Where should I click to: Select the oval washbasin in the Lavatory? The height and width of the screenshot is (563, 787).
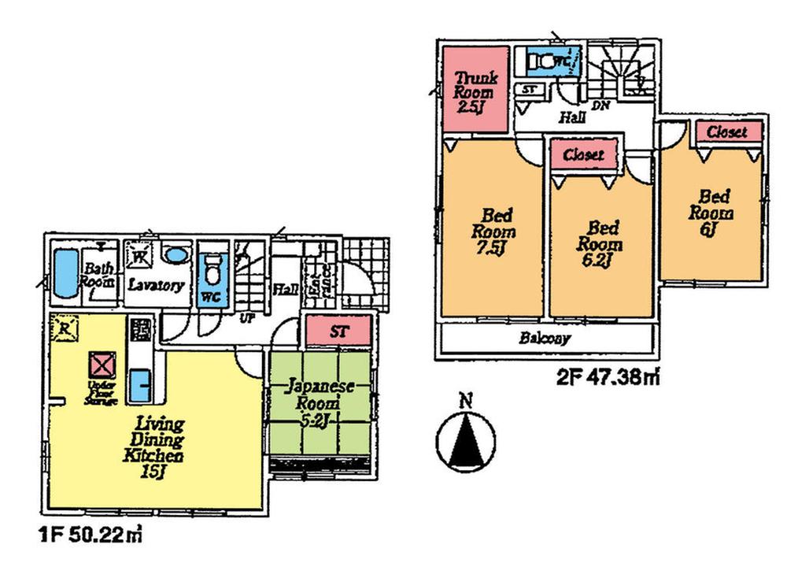[x=177, y=257]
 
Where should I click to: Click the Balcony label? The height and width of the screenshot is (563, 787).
[x=545, y=340]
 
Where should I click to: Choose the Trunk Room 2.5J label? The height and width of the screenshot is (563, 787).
[x=473, y=92]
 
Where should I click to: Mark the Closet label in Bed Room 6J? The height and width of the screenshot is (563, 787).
[x=726, y=132]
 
